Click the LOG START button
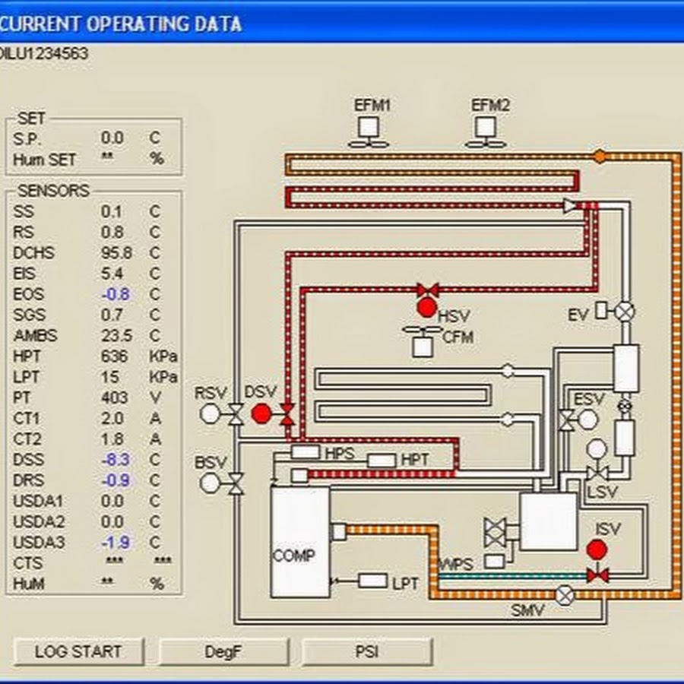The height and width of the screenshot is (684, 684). click(78, 652)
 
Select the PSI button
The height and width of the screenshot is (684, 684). click(367, 652)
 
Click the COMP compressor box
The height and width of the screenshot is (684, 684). click(300, 542)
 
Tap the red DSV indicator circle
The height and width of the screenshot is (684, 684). click(261, 413)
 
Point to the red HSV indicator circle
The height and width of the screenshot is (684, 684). click(426, 309)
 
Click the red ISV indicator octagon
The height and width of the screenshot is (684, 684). click(597, 549)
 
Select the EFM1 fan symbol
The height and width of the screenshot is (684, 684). click(369, 132)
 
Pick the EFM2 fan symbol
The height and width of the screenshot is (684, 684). click(486, 132)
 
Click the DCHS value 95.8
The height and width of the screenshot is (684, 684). click(116, 253)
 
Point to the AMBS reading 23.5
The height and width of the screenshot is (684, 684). click(116, 335)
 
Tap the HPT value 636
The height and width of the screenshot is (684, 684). click(114, 356)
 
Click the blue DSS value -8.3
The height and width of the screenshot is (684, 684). click(116, 460)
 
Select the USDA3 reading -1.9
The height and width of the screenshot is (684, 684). click(116, 542)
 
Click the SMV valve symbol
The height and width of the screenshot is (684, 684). click(565, 594)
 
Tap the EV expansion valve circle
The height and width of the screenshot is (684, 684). click(625, 312)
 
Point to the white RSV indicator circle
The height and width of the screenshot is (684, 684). click(210, 413)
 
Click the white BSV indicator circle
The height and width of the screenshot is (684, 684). click(210, 483)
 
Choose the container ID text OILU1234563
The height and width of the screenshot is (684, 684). click(44, 54)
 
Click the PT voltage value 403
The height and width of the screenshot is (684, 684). click(114, 397)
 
